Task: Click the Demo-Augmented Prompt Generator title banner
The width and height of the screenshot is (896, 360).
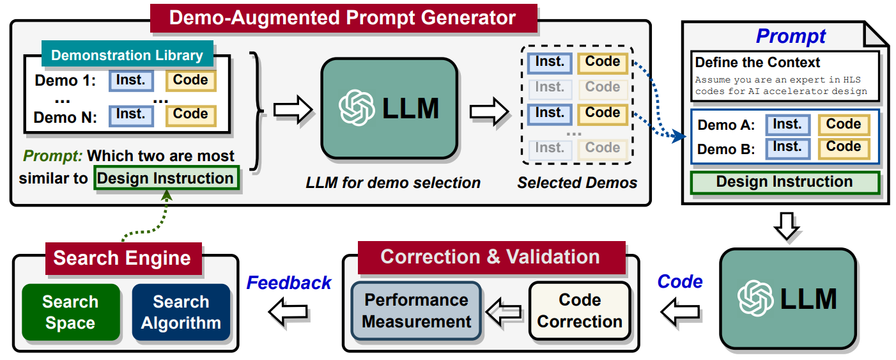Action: coord(344,19)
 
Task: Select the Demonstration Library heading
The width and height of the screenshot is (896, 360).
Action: coord(127,54)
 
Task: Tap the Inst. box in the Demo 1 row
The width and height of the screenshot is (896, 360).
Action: coord(131,81)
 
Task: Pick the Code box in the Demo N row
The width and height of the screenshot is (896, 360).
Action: coord(191,115)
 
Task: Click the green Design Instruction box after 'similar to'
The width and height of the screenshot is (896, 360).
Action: coord(166,178)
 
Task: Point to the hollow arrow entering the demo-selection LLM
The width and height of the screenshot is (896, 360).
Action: coord(293,109)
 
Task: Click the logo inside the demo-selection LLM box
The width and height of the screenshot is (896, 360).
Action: coord(357,107)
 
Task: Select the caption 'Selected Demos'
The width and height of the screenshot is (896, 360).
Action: coord(577,183)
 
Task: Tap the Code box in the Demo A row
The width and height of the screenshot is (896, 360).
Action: coord(844,125)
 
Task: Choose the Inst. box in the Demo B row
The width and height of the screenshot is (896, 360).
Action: coord(787,148)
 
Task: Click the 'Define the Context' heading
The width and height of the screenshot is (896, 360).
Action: coord(757,63)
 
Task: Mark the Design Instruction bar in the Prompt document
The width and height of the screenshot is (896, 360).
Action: coord(785,182)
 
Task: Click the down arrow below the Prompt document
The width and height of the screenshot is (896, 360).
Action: coord(787,226)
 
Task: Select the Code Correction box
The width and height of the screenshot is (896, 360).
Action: coord(580,311)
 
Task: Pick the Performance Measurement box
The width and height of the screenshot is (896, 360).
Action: coord(416,311)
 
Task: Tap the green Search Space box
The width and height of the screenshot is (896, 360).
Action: coord(71,313)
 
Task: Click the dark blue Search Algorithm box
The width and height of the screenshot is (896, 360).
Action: coord(182,313)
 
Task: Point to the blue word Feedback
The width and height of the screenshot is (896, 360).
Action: coord(289,283)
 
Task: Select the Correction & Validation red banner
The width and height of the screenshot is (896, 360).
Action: coord(491,257)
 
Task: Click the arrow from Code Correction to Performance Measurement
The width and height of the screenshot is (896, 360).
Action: coord(504,312)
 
